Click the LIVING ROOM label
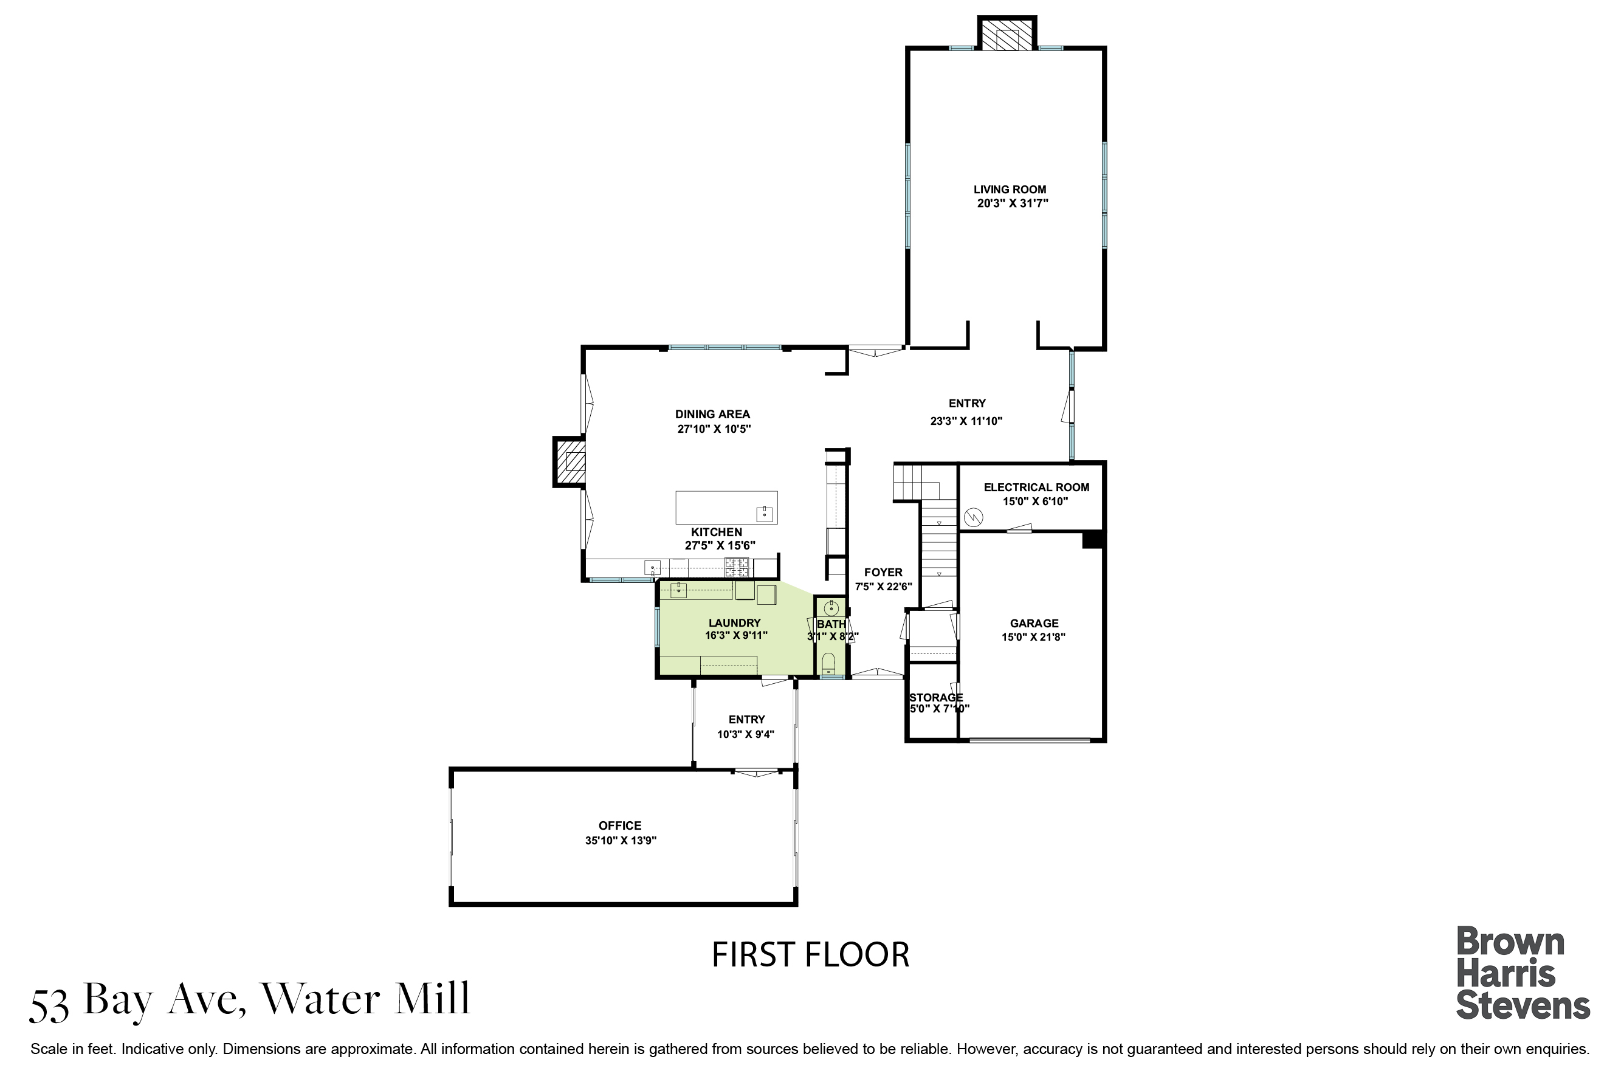point(1010,190)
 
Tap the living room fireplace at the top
point(1007,33)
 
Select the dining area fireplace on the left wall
point(570,461)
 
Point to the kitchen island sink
point(765,514)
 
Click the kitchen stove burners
point(737,567)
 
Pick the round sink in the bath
point(831,609)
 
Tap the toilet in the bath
point(828,664)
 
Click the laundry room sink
point(679,590)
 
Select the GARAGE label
point(1034,624)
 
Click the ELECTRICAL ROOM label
point(1036,487)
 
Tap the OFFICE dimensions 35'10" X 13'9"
point(621,841)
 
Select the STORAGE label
point(936,698)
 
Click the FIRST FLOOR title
point(810,955)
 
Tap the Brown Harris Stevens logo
point(1523,973)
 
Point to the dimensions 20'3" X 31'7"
point(1013,204)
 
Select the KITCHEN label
point(717,532)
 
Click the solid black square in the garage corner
point(1092,540)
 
